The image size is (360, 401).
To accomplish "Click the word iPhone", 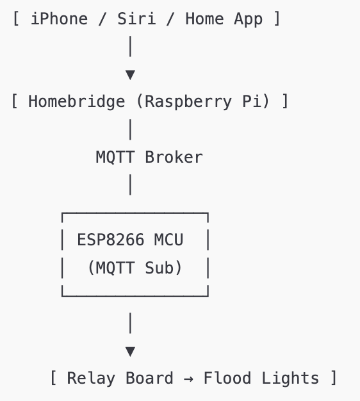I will [59, 19].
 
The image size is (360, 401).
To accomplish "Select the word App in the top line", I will [248, 19].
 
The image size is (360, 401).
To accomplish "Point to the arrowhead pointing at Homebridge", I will [130, 75].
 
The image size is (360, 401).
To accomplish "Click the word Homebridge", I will [76, 101].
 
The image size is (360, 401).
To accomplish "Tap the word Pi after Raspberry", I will [255, 101].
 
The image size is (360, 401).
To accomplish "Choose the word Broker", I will [174, 157].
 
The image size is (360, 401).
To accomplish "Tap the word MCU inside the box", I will [168, 240].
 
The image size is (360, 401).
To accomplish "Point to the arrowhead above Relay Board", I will [130, 351].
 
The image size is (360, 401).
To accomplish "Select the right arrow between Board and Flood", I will [188, 379].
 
